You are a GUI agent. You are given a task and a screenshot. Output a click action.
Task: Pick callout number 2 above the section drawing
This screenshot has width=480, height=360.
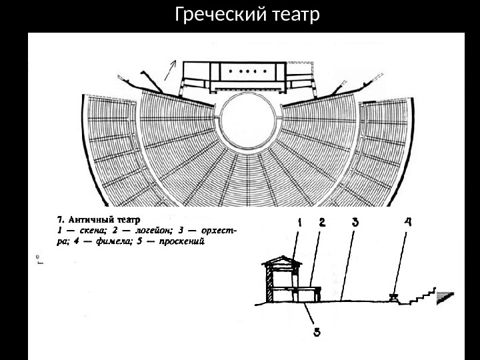(322, 225)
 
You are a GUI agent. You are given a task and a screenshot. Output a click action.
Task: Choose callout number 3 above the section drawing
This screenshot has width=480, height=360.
(355, 225)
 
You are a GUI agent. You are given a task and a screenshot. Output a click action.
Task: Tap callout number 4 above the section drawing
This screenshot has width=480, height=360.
(407, 225)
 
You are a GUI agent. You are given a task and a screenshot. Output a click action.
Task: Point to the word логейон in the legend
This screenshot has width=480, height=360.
(155, 230)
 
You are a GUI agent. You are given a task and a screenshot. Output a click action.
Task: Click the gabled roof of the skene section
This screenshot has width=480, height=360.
(280, 259)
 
